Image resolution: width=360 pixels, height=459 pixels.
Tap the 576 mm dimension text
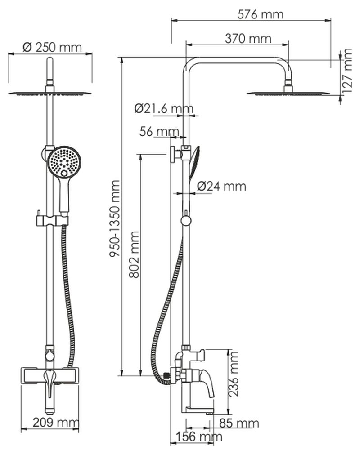coord(261,14)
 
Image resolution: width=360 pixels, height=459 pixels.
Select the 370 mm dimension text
coord(248,39)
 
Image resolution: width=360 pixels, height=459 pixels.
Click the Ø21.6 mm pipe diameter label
coord(164,108)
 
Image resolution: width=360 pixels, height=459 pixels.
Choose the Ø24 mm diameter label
coord(222,186)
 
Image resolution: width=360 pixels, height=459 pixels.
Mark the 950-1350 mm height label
coord(115,218)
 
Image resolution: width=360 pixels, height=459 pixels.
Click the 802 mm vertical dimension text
coord(134,254)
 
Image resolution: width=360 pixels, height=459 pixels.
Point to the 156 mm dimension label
coord(198,437)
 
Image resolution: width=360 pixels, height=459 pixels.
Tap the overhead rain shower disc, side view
coord(288,93)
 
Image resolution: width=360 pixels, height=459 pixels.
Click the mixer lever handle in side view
coord(207,382)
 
